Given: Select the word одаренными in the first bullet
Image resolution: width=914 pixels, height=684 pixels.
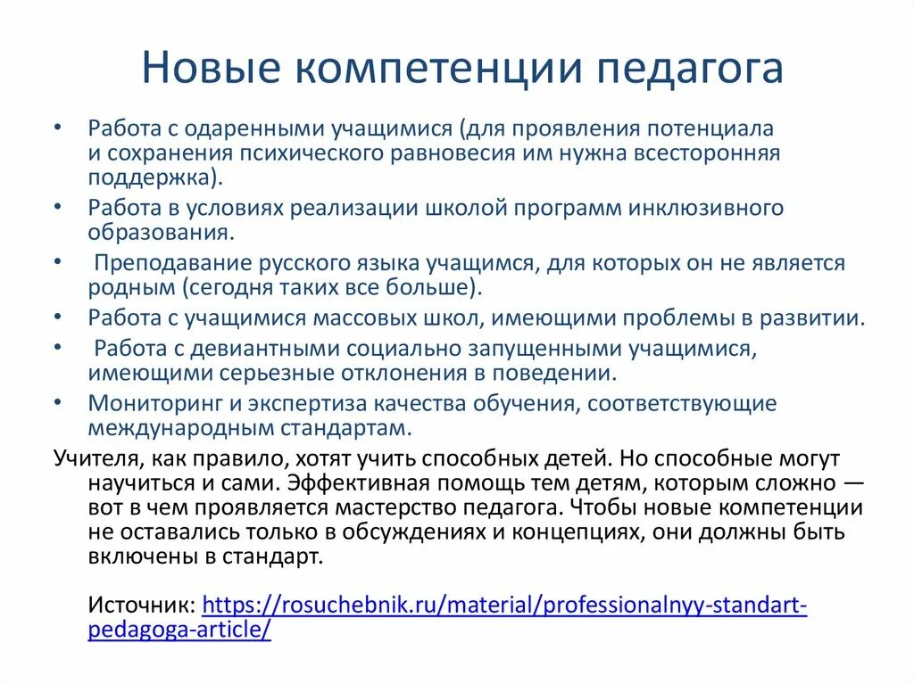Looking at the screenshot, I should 260,128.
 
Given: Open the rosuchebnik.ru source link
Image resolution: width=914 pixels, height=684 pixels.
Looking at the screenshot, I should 504,606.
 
